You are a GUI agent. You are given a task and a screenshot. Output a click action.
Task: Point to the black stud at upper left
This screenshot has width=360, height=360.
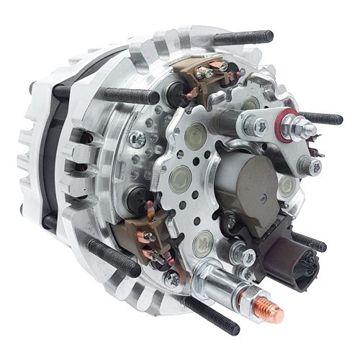tap(130, 95)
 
